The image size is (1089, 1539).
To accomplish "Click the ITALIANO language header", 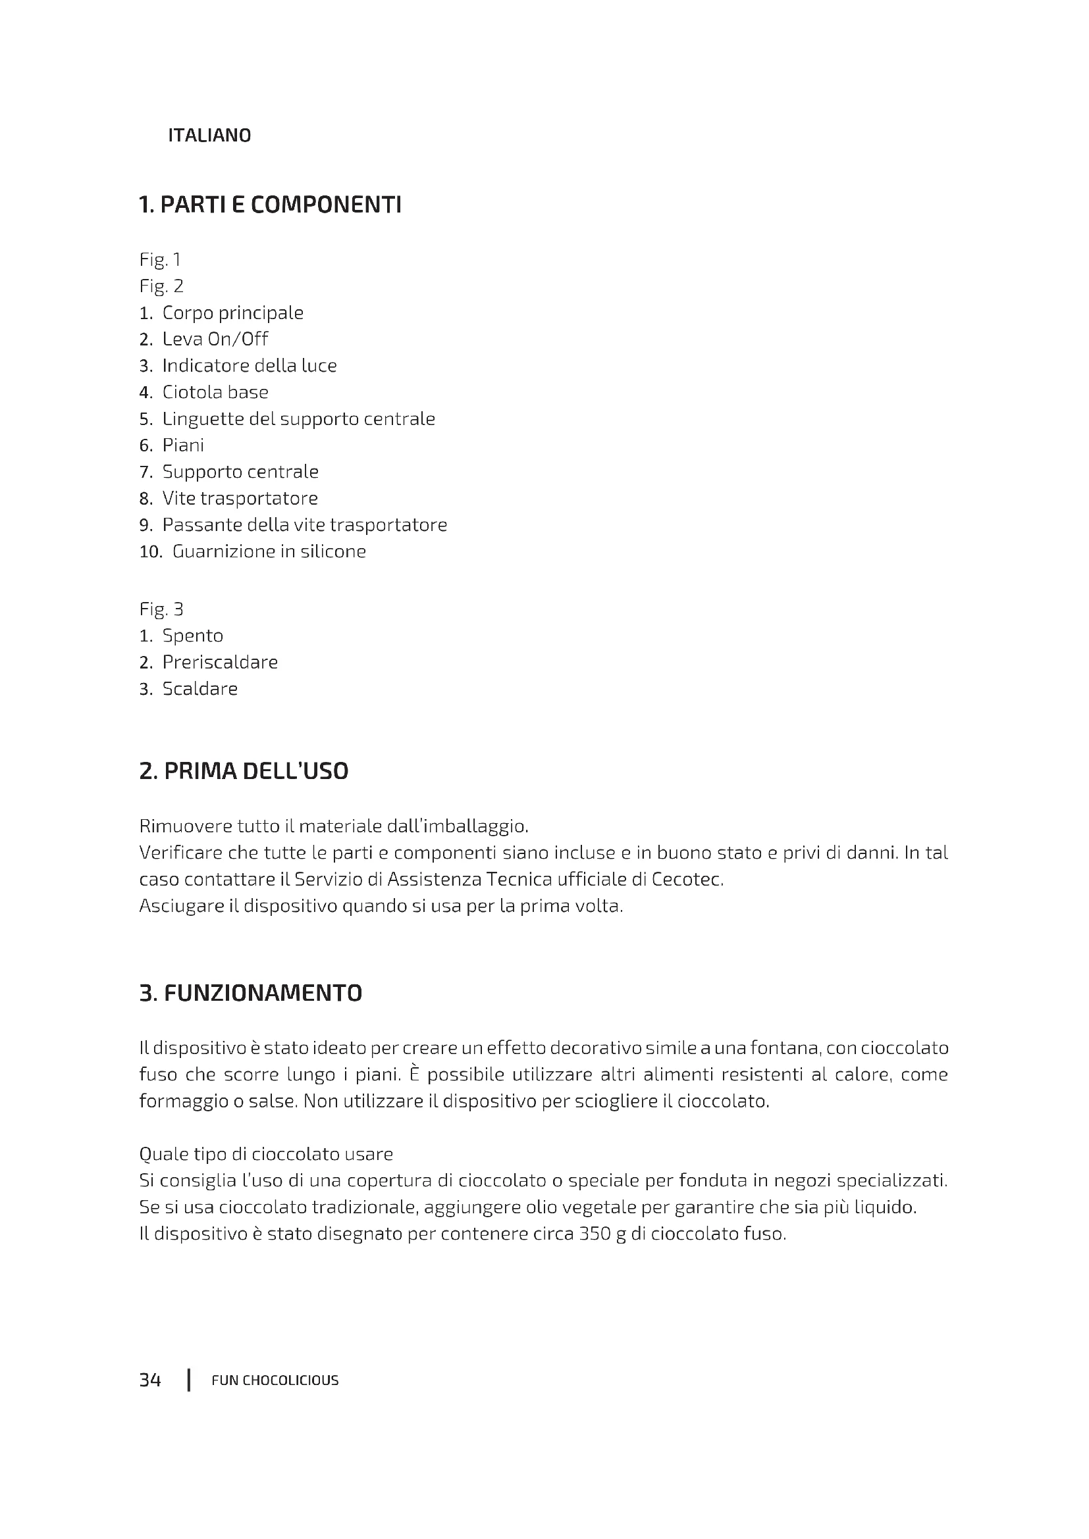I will [209, 136].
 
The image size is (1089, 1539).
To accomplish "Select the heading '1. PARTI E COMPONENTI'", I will [269, 205].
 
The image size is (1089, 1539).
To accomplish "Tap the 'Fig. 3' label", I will [161, 609].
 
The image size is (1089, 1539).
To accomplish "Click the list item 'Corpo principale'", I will [232, 313].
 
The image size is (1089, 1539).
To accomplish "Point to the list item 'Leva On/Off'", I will [215, 339].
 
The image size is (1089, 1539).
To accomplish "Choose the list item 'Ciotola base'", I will [215, 392].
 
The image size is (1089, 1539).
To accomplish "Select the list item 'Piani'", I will [183, 445].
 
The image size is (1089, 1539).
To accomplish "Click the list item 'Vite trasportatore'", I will [240, 498].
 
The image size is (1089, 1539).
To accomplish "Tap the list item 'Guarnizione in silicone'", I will [269, 551].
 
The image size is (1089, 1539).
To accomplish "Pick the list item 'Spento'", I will [192, 636].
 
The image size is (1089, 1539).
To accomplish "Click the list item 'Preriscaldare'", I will [220, 663].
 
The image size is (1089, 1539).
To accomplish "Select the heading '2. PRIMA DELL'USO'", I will [244, 771].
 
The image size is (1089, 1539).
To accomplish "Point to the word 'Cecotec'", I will [687, 880].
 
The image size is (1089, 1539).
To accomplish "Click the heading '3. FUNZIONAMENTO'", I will [250, 993].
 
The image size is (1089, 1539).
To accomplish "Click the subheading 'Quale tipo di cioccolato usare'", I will [265, 1154].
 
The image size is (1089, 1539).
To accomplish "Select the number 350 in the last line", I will [593, 1234].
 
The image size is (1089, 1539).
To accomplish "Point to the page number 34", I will [150, 1380].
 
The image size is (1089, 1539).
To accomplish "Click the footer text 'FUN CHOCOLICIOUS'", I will [275, 1381].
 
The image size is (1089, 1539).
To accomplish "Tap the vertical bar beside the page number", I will [189, 1380].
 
